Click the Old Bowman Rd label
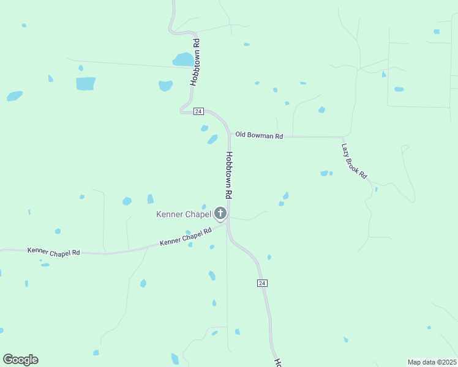[259, 135]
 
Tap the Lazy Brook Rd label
[354, 161]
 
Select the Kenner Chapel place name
[184, 214]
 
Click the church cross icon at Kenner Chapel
[220, 213]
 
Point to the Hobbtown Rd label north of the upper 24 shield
[195, 62]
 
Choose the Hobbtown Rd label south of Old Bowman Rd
[228, 175]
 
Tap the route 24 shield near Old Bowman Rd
[198, 111]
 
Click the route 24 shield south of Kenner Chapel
[262, 283]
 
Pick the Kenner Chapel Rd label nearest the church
[186, 237]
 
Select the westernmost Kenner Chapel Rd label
[53, 251]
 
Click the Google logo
[20, 360]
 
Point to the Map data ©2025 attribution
[431, 361]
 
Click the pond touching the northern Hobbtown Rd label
[182, 59]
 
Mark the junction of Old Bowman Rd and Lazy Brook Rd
[343, 137]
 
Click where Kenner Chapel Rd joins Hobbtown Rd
[227, 221]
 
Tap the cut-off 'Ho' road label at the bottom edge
[277, 363]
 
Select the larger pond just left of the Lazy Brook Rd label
[324, 173]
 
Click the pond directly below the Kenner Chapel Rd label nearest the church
[190, 245]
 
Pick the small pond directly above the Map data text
[429, 327]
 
